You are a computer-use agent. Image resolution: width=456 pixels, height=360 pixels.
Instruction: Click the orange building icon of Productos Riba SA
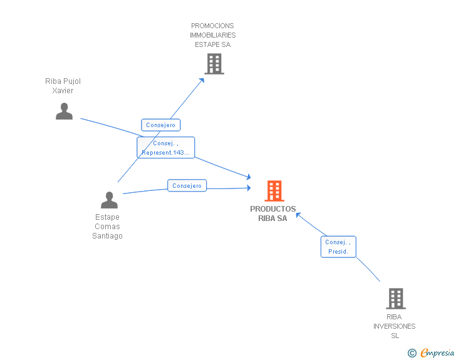[x=274, y=191]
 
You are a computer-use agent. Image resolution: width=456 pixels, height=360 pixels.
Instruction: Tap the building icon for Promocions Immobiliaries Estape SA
[x=214, y=64]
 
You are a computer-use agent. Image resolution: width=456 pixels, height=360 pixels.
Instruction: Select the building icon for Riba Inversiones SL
[x=395, y=299]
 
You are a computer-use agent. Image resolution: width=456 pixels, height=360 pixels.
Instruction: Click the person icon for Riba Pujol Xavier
[x=64, y=111]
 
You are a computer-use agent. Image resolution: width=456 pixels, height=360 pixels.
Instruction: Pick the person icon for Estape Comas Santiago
[x=109, y=200]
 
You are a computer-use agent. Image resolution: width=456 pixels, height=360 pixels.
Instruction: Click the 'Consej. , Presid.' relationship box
[x=338, y=247]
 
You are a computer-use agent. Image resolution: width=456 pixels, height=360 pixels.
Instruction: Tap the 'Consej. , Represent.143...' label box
[x=166, y=148]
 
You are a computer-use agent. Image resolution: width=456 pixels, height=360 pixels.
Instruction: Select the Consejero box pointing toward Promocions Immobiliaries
[x=161, y=125]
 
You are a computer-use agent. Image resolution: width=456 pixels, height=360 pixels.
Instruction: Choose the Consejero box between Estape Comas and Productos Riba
[x=187, y=185]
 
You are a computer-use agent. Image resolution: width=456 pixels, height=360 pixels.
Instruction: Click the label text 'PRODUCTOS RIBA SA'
[x=273, y=213]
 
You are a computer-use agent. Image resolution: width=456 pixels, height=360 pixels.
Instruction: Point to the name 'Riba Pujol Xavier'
[x=63, y=86]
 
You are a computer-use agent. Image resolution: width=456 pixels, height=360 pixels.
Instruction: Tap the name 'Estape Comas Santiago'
[x=107, y=227]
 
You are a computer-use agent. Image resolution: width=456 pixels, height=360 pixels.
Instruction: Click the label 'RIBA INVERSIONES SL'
[x=395, y=326]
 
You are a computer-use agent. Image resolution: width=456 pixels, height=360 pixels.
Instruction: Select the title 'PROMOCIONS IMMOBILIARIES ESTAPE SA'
[x=213, y=35]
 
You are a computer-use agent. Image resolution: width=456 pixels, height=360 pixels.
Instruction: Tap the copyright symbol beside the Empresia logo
[x=412, y=353]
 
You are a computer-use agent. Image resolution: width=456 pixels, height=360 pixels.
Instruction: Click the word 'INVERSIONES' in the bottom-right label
[x=395, y=326]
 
